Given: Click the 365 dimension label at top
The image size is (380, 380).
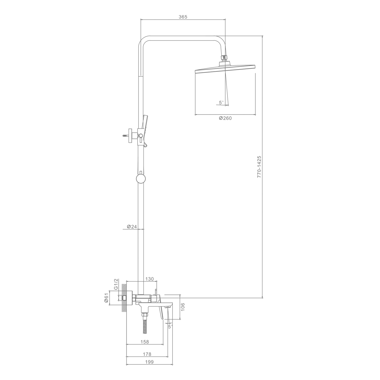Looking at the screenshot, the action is (183, 17).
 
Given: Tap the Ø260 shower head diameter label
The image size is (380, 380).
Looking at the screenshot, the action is (225, 118).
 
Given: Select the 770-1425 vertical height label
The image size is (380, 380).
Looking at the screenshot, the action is (259, 166).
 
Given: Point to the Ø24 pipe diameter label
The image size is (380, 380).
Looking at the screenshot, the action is (132, 227).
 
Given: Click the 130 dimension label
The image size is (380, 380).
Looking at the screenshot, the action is (149, 279).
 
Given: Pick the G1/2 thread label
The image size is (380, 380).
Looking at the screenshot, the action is (116, 284).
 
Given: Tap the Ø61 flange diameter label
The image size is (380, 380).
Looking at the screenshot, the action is (106, 298).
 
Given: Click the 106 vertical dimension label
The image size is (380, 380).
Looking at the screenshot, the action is (183, 307).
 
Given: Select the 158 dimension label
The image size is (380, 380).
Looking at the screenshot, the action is (144, 342).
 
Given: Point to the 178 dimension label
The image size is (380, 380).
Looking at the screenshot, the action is (147, 354).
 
